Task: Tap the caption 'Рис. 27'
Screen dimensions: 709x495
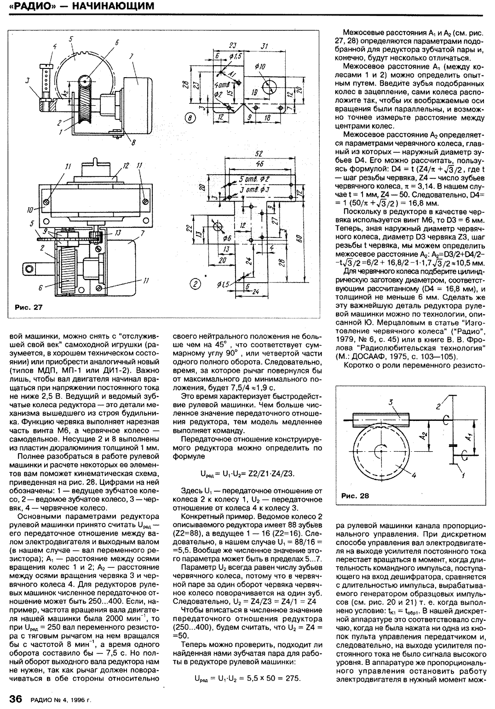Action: tap(29, 307)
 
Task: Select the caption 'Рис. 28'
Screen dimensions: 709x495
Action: tap(355, 496)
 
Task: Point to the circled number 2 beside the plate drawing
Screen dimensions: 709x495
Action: tap(196, 284)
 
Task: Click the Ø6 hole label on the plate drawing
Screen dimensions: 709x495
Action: tap(226, 238)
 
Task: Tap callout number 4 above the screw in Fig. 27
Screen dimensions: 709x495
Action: tap(54, 46)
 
